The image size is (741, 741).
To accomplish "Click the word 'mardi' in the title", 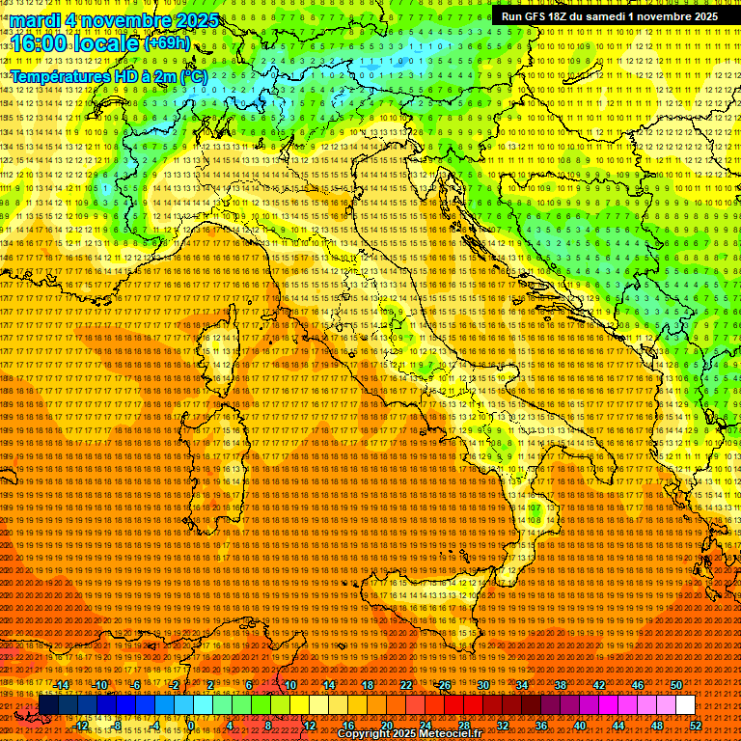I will click(x=41, y=19).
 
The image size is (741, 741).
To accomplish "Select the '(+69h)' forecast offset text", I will click(x=168, y=43).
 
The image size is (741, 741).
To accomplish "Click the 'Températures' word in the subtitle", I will click(x=60, y=75).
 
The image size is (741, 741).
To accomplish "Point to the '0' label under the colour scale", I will click(x=191, y=726).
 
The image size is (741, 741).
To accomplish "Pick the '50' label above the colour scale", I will click(x=676, y=684).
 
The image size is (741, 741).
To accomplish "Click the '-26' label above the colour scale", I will click(x=443, y=684).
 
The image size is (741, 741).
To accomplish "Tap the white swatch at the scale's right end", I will click(x=685, y=705).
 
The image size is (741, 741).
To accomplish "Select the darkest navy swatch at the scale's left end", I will click(x=48, y=705).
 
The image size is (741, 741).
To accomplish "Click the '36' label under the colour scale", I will click(x=541, y=726).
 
